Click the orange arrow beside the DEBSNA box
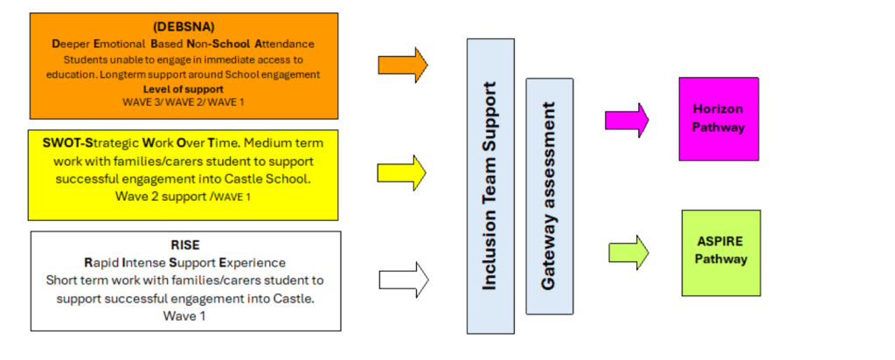pos(402,64)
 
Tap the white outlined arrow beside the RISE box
pos(403,280)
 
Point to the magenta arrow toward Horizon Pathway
pos(627,121)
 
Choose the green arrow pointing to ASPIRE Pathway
pos(627,253)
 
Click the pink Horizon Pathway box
pos(718,119)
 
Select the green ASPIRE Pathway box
pos(720,253)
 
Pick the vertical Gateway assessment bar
pos(549,196)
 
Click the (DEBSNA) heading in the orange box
pos(184,27)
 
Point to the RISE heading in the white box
pos(184,246)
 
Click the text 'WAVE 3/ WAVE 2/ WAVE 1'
pos(184,102)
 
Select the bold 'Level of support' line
pos(184,88)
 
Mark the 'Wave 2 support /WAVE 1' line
pos(184,196)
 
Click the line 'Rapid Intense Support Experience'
pos(184,262)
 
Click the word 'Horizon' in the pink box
pos(718,110)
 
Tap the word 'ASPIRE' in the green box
pos(720,243)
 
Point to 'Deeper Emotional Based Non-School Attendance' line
pos(184,43)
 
